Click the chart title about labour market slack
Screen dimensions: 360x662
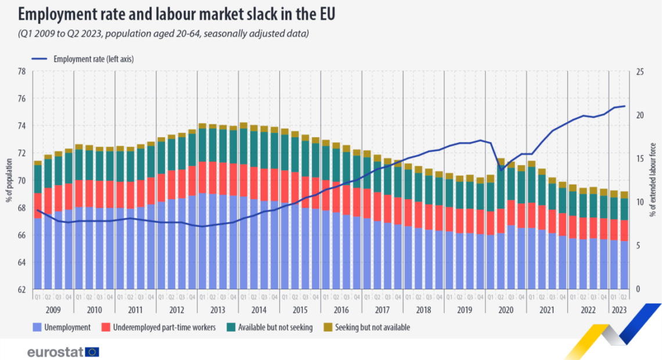tap(177, 12)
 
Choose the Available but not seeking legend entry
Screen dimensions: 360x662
tap(275, 327)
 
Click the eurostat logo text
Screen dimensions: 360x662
tap(55, 352)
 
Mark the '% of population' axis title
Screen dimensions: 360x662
tap(9, 180)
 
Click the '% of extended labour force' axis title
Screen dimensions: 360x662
tap(653, 180)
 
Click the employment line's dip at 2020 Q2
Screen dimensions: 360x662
tap(501, 170)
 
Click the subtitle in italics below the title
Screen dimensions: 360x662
tap(163, 34)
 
